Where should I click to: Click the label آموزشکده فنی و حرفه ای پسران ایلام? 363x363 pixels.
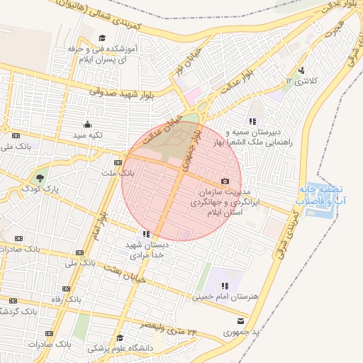click(x=100, y=55)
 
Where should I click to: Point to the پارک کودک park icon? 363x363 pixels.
click(x=40, y=178)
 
